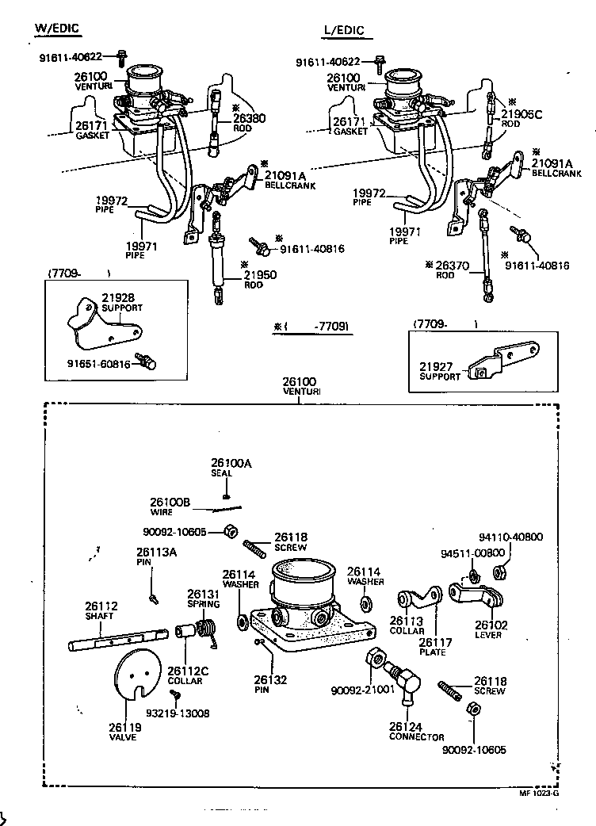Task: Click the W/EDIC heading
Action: [x=57, y=29]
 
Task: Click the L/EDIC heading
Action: [x=343, y=31]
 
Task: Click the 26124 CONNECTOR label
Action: [x=415, y=731]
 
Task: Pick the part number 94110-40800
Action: [x=512, y=537]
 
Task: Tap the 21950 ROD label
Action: [x=259, y=279]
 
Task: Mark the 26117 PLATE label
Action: [x=433, y=647]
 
